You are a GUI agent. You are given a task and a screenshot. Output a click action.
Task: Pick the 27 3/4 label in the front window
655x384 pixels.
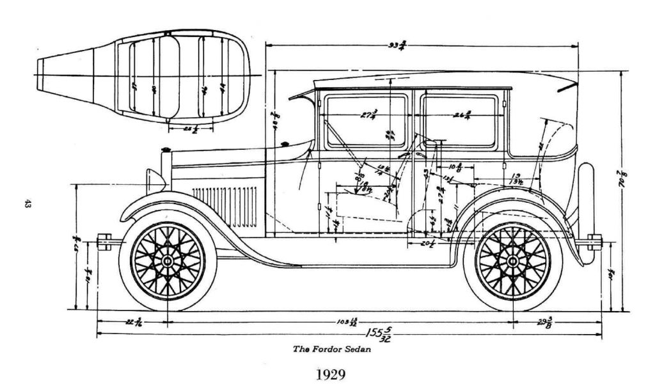pyautogui.click(x=368, y=115)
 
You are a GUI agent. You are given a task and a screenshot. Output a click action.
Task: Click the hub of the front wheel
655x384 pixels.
pyautogui.click(x=168, y=262)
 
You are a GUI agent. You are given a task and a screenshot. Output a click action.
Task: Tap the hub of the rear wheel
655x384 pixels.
pyautogui.click(x=513, y=262)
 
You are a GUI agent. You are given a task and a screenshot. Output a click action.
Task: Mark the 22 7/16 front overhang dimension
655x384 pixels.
pyautogui.click(x=134, y=322)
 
